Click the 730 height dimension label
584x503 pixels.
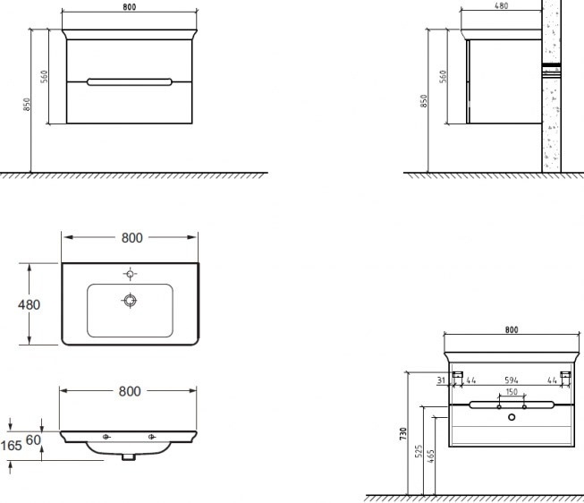point(402,434)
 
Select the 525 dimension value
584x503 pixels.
point(419,451)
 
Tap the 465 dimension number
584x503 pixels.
point(430,456)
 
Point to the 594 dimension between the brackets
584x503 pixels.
point(512,380)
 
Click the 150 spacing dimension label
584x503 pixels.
point(512,392)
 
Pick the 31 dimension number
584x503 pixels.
point(441,380)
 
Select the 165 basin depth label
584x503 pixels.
point(11,446)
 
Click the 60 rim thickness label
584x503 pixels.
point(33,440)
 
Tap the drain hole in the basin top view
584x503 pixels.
point(130,301)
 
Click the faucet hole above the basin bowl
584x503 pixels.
point(130,275)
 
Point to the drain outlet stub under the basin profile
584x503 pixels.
point(129,457)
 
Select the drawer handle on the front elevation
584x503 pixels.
point(130,82)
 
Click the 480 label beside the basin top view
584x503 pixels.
point(29,305)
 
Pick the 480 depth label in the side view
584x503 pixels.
point(502,5)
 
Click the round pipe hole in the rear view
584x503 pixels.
point(512,417)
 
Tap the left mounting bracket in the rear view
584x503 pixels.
point(458,374)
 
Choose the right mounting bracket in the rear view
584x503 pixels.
point(565,374)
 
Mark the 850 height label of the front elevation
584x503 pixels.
point(27,105)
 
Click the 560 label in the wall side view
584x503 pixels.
point(443,77)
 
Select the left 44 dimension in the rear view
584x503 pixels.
point(470,380)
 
